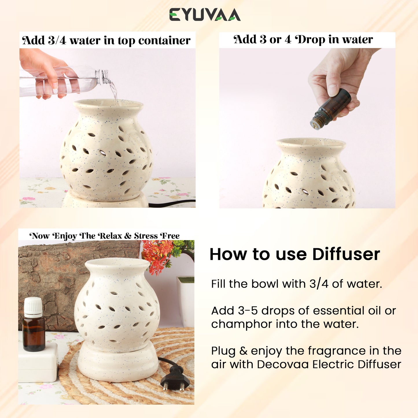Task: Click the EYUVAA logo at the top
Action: [205, 15]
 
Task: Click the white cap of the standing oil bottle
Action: [33, 307]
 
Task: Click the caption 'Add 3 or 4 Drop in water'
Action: [303, 39]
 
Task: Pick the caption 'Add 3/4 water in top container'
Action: [106, 40]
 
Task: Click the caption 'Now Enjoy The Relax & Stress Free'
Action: [104, 236]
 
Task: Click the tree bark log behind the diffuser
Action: [71, 282]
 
